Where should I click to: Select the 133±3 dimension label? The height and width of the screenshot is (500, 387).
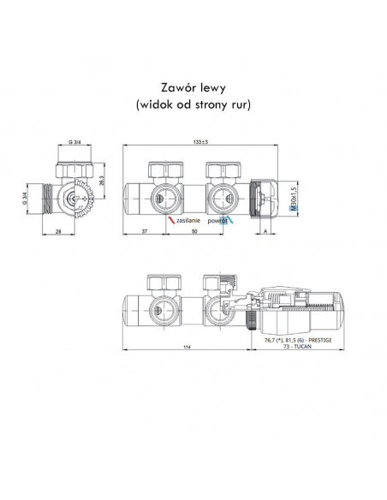pyautogui.click(x=200, y=142)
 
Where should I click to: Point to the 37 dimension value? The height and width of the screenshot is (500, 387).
pyautogui.click(x=144, y=231)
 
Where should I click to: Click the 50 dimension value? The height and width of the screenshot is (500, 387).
pyautogui.click(x=194, y=231)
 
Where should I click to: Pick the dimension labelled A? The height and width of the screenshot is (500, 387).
pyautogui.click(x=265, y=231)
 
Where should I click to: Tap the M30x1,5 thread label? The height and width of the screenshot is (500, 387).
pyautogui.click(x=294, y=199)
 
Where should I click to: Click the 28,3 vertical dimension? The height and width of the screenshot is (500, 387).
pyautogui.click(x=103, y=182)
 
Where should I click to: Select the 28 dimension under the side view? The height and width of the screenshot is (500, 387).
pyautogui.click(x=58, y=231)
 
